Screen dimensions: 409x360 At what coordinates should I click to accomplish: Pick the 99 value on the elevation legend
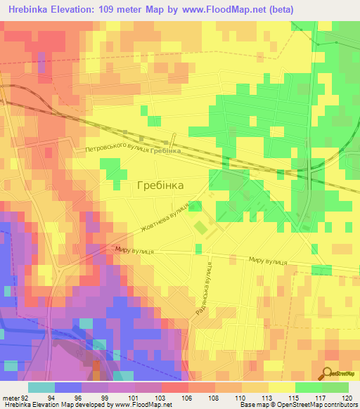point(96,396)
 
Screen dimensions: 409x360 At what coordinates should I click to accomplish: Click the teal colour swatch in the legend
point(41,387)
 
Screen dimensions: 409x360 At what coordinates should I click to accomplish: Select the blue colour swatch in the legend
point(67,387)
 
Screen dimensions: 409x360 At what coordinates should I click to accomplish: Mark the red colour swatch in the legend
point(174,387)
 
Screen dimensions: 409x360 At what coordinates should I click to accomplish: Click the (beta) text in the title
point(281,9)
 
